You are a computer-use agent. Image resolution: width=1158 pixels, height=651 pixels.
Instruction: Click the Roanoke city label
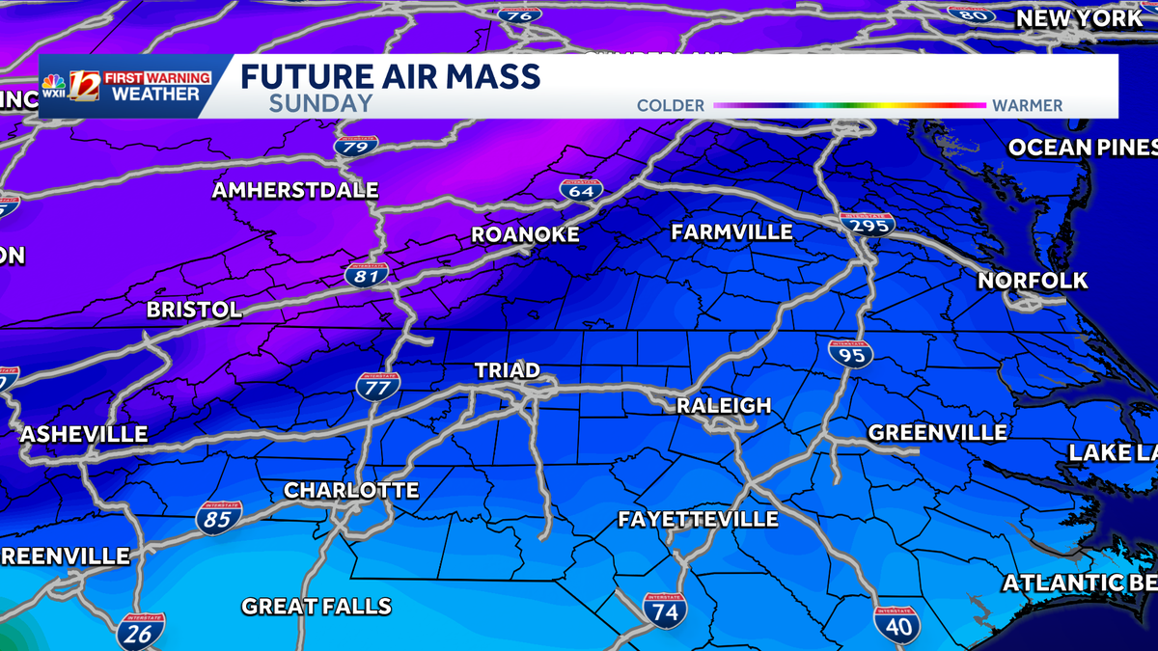(525, 235)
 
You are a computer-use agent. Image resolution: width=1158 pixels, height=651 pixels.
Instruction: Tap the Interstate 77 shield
(378, 387)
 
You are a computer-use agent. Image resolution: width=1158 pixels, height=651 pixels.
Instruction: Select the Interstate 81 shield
(367, 275)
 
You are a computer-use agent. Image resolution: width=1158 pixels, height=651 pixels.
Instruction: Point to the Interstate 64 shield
(581, 190)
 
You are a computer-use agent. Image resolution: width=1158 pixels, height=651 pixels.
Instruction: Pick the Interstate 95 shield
(850, 353)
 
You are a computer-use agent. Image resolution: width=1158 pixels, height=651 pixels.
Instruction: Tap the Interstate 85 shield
(218, 518)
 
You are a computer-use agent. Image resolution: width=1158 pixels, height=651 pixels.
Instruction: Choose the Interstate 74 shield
(665, 610)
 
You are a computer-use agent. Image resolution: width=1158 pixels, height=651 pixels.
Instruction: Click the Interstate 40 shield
(896, 624)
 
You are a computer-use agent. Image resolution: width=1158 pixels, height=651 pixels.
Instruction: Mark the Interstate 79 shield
(356, 147)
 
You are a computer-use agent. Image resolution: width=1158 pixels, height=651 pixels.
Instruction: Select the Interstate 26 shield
(140, 631)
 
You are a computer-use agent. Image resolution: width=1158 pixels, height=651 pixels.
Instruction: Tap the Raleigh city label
(724, 406)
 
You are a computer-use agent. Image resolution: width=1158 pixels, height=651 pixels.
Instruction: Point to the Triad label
(507, 371)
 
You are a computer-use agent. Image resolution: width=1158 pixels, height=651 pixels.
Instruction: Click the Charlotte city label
(351, 491)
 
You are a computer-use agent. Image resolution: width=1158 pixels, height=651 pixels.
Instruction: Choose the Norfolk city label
(1033, 281)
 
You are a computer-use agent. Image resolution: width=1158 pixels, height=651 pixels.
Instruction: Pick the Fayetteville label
(698, 520)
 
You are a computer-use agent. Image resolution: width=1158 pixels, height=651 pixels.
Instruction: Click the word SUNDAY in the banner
(320, 104)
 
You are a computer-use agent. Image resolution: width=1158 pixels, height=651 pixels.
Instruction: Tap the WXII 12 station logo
(85, 87)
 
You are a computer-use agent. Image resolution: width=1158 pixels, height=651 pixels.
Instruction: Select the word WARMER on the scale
(1027, 105)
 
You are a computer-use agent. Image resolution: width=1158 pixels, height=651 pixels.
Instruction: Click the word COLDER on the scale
(671, 105)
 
